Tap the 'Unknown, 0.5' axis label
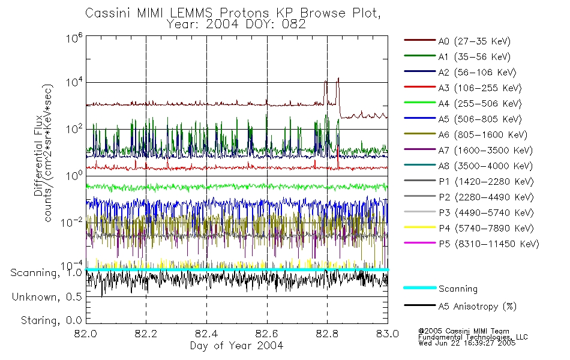click(47, 297)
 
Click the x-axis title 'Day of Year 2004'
click(236, 346)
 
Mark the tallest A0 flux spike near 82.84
click(338, 79)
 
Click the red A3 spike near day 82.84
click(338, 161)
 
